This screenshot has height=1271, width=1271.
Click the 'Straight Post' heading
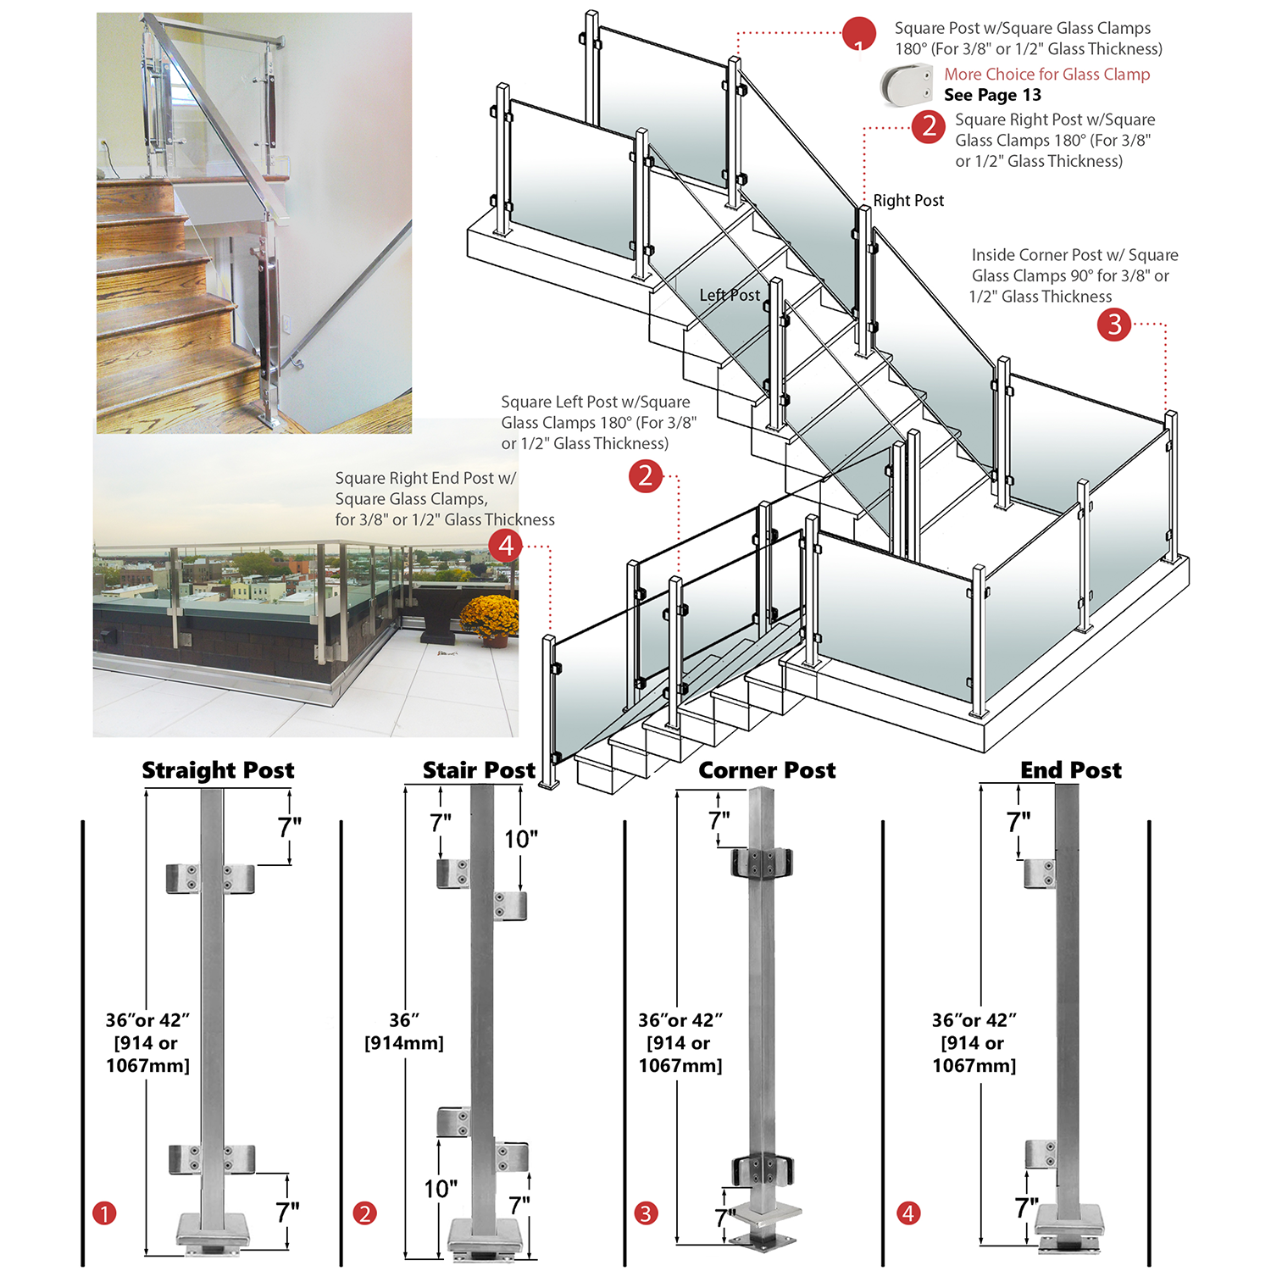tap(218, 770)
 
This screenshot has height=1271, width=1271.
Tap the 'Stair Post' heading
tap(479, 770)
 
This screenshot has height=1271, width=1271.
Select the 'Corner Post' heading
tap(767, 770)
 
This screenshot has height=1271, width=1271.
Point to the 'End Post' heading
tap(1070, 770)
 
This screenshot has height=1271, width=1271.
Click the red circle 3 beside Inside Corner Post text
tap(1114, 325)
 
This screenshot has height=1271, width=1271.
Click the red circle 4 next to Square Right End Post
tap(506, 545)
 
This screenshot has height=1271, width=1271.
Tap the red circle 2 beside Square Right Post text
tap(929, 126)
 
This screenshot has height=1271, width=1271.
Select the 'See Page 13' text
tap(992, 95)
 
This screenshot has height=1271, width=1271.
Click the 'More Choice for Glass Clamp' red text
tap(1046, 75)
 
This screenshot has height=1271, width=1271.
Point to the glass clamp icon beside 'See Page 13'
tap(906, 85)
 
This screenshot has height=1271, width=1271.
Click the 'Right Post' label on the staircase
tap(908, 201)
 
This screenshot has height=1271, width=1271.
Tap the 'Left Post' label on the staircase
tap(730, 295)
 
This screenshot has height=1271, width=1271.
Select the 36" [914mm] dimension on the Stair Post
tap(404, 1031)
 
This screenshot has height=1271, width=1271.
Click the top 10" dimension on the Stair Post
tap(521, 839)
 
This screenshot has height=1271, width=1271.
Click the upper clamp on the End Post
tap(1040, 874)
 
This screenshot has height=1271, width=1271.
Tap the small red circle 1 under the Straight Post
tap(104, 1213)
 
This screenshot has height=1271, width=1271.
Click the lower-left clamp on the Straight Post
tap(184, 1159)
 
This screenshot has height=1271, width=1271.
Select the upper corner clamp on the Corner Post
tap(762, 863)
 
